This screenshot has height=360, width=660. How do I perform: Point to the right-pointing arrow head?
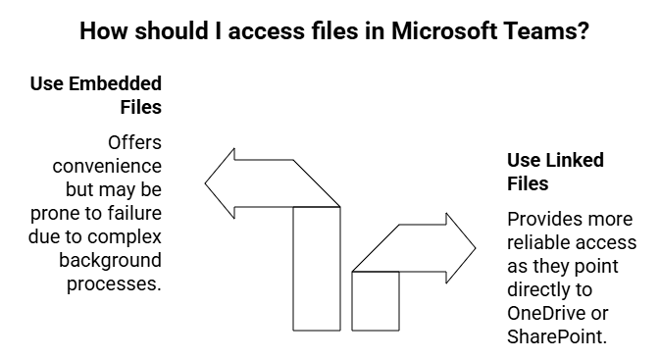click(x=456, y=247)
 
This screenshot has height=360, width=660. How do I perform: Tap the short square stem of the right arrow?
click(x=376, y=300)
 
